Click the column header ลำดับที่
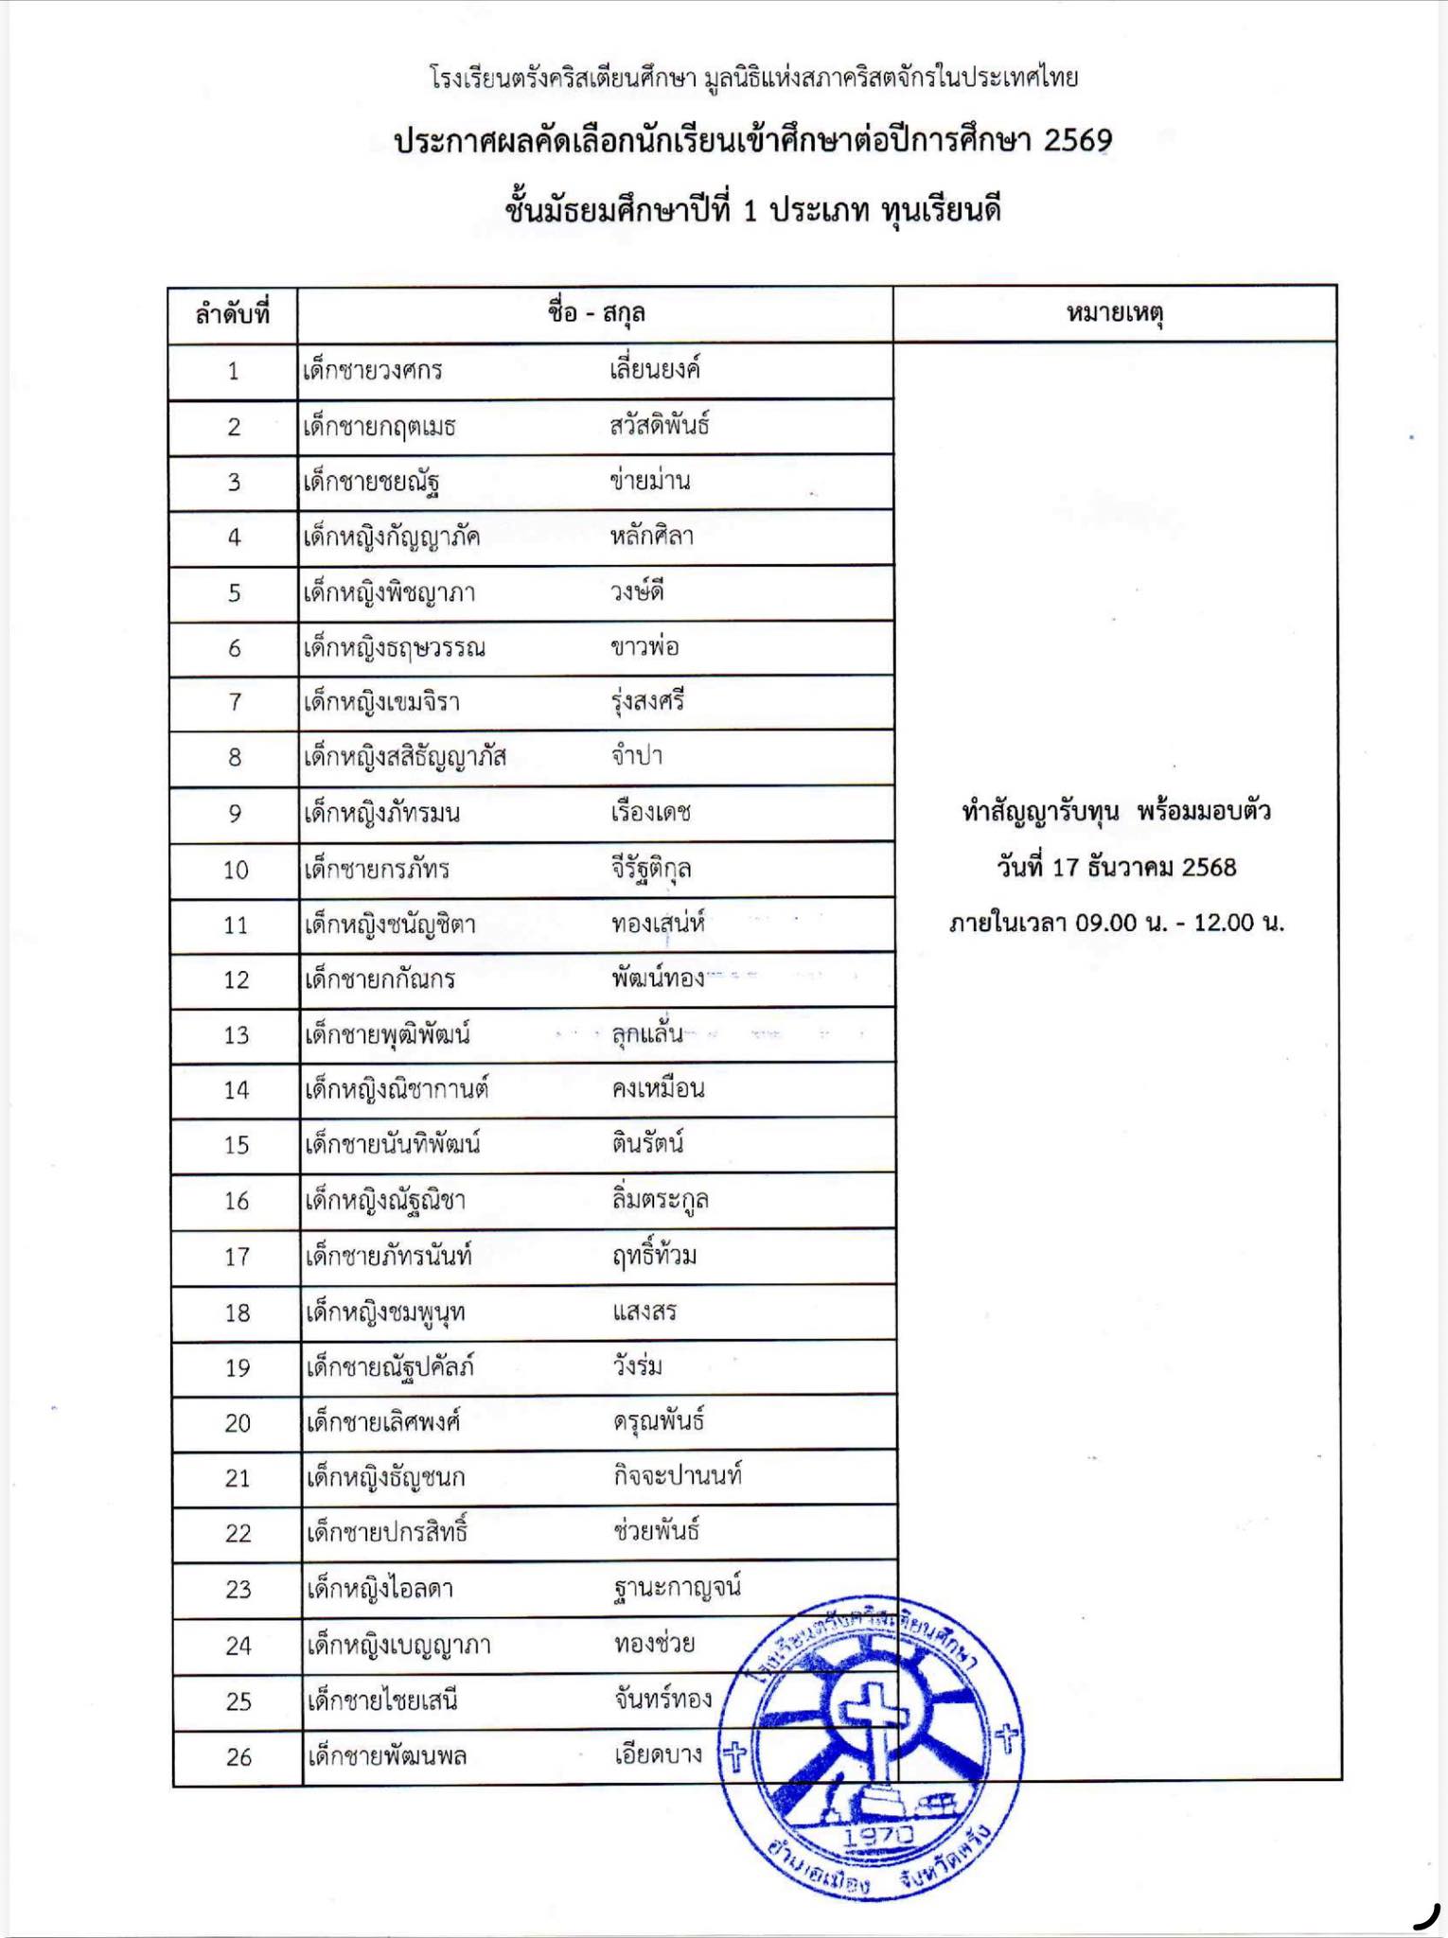[233, 314]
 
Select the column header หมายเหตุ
[1114, 313]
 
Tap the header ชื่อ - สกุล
[595, 313]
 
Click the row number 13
[236, 1035]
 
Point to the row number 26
[238, 1757]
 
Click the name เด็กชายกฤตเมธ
[380, 427]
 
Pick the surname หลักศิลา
[652, 537]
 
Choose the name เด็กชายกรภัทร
[377, 870]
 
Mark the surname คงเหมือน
[658, 1089]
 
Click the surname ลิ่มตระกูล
[661, 1200]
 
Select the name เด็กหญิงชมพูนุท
[385, 1313]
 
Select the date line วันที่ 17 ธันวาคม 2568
[1116, 867]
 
